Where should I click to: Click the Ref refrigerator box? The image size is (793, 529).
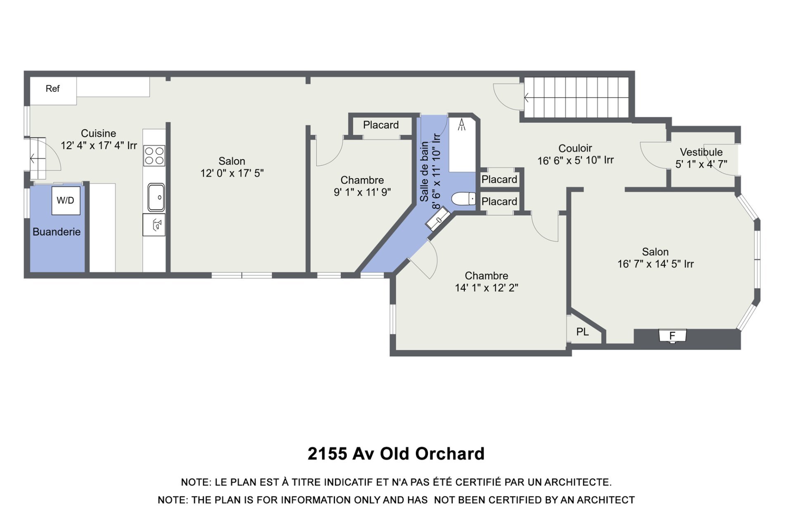(53, 91)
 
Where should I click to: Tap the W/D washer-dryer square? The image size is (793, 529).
(66, 200)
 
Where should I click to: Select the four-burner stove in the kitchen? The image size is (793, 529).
(154, 156)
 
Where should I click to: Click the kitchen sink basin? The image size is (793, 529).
(156, 198)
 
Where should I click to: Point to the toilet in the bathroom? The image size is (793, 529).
(463, 199)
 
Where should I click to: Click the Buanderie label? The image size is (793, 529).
(57, 232)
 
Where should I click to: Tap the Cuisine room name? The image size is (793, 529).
(98, 133)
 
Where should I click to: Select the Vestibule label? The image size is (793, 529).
(701, 152)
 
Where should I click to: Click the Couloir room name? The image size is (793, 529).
(575, 148)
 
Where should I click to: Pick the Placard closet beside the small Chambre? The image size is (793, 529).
(381, 125)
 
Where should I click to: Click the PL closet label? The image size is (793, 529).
(582, 332)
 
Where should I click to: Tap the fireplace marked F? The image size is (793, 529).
(672, 336)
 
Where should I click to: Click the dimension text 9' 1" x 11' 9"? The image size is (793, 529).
(362, 192)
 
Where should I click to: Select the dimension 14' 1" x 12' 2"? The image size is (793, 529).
(487, 288)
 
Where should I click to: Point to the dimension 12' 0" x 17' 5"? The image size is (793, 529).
(232, 173)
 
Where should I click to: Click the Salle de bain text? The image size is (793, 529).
(424, 172)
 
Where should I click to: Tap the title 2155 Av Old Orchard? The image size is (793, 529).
(396, 454)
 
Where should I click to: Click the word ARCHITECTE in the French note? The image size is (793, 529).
(578, 482)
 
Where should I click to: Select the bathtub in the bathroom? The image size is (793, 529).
(462, 144)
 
